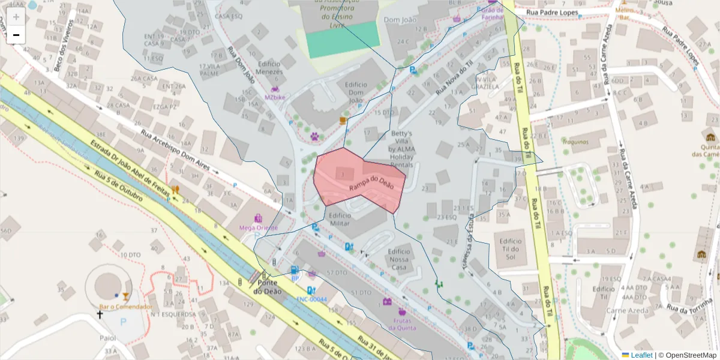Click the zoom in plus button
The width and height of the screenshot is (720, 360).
[16, 17]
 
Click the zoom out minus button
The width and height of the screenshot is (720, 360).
[16, 35]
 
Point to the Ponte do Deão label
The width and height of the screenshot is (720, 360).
[266, 287]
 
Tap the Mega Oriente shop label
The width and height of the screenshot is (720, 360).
[259, 227]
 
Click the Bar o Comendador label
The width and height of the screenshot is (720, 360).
[125, 307]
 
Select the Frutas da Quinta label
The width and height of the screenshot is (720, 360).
[401, 324]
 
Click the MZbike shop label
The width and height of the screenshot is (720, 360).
[275, 97]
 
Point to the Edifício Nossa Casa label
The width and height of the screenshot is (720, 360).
[399, 259]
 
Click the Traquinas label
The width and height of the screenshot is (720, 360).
[575, 142]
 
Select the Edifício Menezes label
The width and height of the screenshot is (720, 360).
[269, 68]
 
